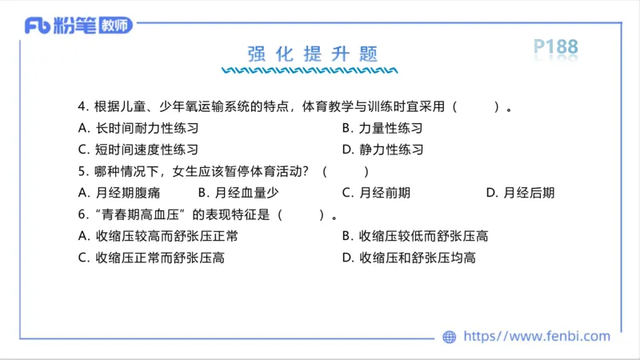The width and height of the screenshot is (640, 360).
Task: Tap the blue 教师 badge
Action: [116, 26]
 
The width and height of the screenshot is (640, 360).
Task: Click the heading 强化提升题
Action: [312, 54]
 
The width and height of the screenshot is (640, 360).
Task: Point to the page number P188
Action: [555, 48]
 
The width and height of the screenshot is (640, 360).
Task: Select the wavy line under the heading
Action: [312, 70]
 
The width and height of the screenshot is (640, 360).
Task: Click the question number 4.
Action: [82, 106]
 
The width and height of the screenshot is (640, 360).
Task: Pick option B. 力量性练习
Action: [382, 128]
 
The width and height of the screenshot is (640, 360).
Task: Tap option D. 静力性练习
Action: [382, 150]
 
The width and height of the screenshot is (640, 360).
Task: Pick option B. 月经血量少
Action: [238, 193]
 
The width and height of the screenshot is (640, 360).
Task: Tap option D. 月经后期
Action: [520, 193]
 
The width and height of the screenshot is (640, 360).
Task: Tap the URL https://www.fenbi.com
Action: [537, 337]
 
